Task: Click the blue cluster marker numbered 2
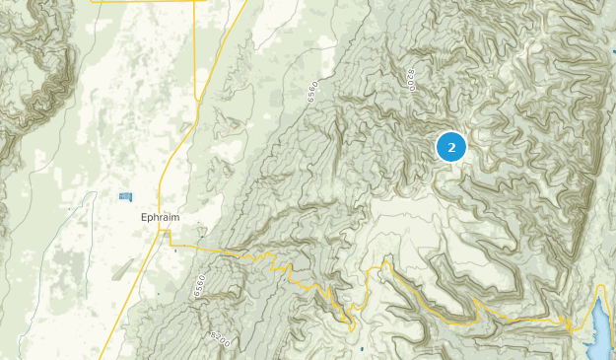pyautogui.click(x=450, y=147)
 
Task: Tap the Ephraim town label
pyautogui.click(x=160, y=219)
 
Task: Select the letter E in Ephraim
pyautogui.click(x=144, y=219)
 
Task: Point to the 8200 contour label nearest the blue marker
pyautogui.click(x=411, y=81)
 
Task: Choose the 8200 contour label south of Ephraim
pyautogui.click(x=220, y=339)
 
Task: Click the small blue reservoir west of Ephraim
pyautogui.click(x=125, y=196)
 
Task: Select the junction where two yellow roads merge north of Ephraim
pyautogui.click(x=200, y=101)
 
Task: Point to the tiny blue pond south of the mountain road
pyautogui.click(x=363, y=348)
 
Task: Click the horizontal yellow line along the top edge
pyautogui.click(x=148, y=2)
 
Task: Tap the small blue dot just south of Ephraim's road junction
pyautogui.click(x=175, y=249)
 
